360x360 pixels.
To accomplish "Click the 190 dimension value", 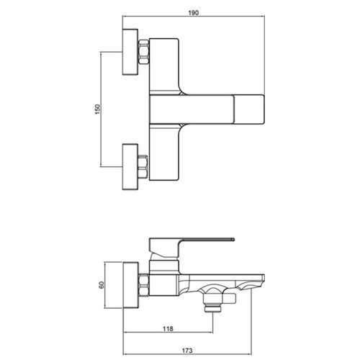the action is pos(194,12).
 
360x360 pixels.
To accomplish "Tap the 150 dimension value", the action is pos(98,109).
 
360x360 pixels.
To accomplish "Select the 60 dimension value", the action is pos(102,285).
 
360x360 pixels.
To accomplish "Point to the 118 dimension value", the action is pos(168,328).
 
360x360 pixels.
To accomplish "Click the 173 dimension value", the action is pos(187,351).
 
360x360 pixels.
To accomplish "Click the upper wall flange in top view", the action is pos(130,52).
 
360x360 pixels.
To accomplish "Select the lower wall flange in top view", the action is pos(130,167).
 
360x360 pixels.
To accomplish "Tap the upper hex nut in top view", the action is pos(144,52).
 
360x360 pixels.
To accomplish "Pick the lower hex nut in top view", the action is pos(143,167).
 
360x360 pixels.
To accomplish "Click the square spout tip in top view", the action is pos(249,109).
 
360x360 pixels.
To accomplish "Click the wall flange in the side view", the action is pos(131,285).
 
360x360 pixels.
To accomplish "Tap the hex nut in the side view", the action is pos(144,285).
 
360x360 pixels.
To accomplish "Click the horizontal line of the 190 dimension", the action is pos(194,16).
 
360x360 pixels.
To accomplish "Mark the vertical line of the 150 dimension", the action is pos(101,109).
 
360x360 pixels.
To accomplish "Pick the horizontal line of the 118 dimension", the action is pos(168,333).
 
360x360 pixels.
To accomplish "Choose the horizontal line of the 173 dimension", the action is pos(187,354).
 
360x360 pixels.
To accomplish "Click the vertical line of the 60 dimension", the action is pos(105,285).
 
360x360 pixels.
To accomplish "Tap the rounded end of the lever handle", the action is pos(233,239).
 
